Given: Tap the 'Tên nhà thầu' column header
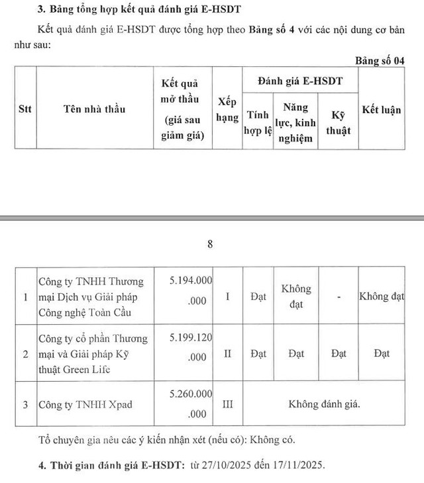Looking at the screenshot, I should coord(94,109).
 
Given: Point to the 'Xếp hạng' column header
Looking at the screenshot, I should coord(227,109).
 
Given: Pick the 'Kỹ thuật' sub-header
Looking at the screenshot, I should coord(339,123).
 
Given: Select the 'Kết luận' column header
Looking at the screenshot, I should coord(381,110).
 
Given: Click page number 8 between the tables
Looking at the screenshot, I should coord(211,244).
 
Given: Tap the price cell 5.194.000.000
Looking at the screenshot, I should coord(190,289).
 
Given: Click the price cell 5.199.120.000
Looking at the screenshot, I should coord(190,347).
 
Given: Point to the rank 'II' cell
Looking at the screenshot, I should coord(227,354).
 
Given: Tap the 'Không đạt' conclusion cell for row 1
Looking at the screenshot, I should coord(381,296).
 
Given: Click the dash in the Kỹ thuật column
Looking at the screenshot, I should coord(339,297).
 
